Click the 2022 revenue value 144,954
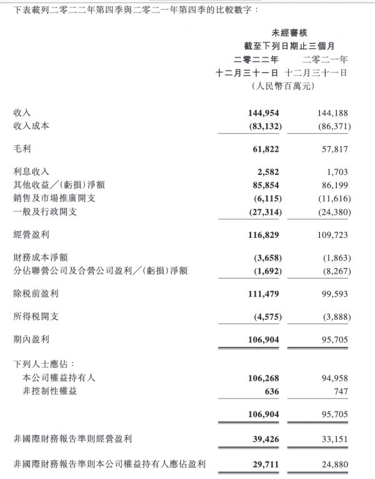263,113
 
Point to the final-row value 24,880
332,464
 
